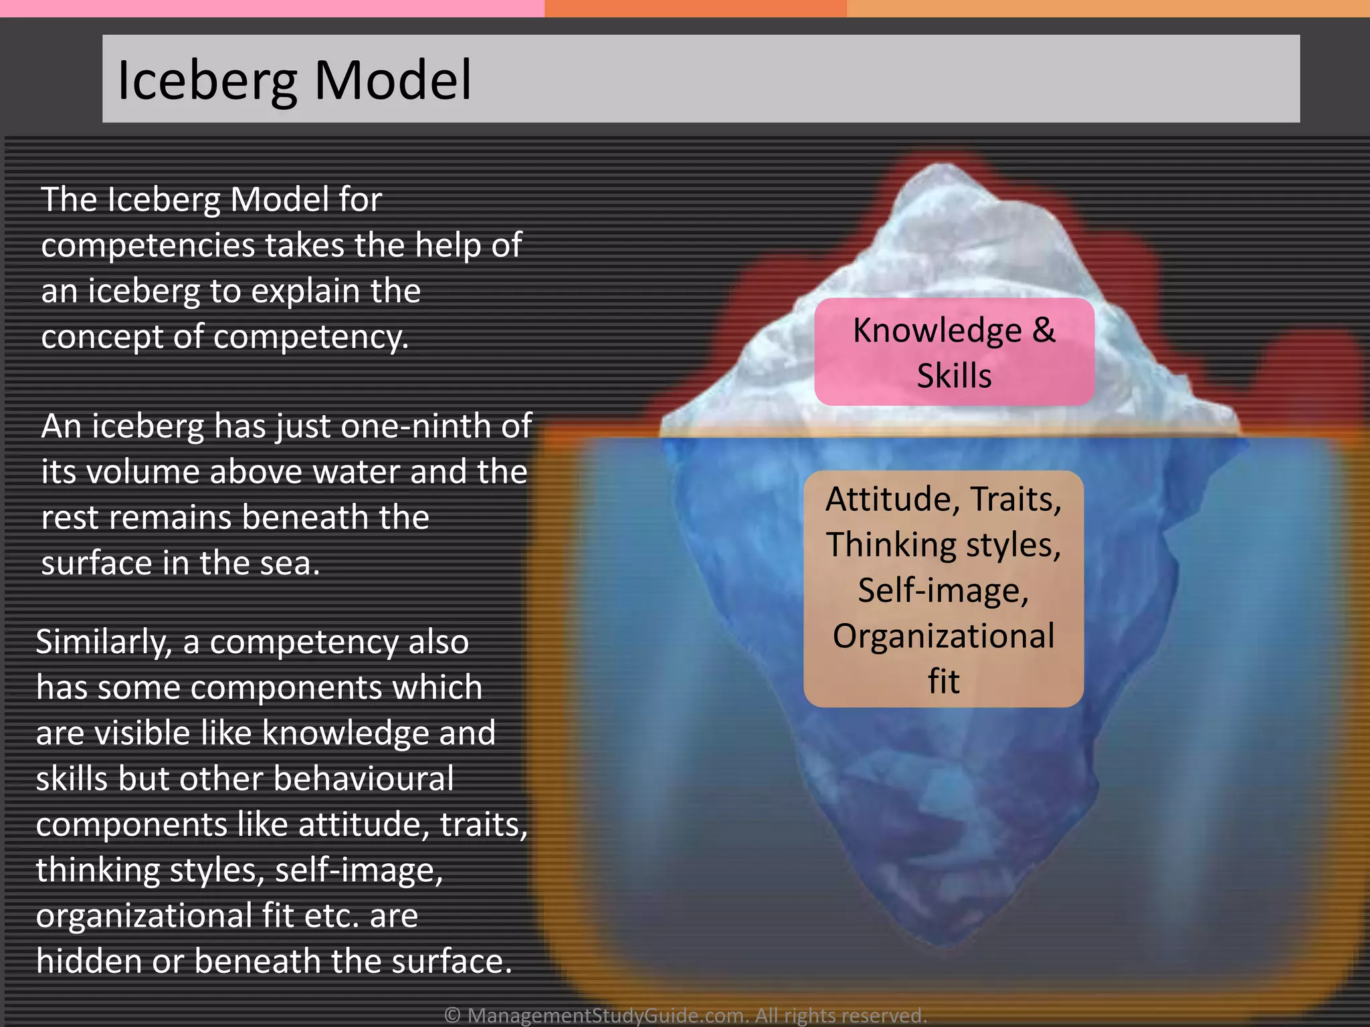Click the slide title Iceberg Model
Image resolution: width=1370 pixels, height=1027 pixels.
click(294, 80)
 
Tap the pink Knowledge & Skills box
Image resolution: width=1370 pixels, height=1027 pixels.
click(954, 352)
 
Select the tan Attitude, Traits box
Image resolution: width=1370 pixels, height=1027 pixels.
click(943, 588)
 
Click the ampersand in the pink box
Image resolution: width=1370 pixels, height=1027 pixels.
click(1042, 330)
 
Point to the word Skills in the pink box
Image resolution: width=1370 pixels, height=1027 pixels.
click(954, 376)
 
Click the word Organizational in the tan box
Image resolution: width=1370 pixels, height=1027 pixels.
click(943, 636)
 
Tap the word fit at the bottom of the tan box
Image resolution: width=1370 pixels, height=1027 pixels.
click(943, 682)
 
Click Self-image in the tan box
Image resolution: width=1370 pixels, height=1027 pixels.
click(943, 590)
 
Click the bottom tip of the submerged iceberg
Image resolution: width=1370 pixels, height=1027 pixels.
click(943, 943)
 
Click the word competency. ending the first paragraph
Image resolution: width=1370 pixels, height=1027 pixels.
click(310, 336)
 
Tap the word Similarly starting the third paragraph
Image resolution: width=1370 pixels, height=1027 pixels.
click(104, 642)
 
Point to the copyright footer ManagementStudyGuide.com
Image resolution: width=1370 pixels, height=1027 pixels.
click(685, 1015)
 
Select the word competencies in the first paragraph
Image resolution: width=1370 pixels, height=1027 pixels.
click(148, 245)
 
